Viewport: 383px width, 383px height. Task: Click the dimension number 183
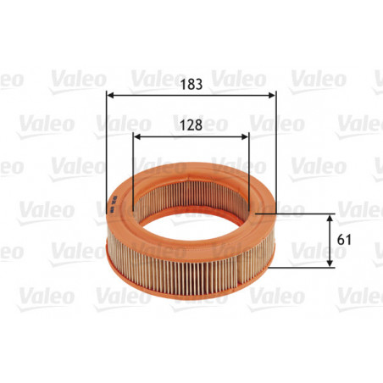pyautogui.click(x=191, y=85)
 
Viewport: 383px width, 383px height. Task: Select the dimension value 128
pyautogui.click(x=191, y=124)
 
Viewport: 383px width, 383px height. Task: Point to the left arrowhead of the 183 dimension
pyautogui.click(x=108, y=96)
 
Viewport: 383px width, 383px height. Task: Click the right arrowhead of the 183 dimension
pyautogui.click(x=275, y=96)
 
